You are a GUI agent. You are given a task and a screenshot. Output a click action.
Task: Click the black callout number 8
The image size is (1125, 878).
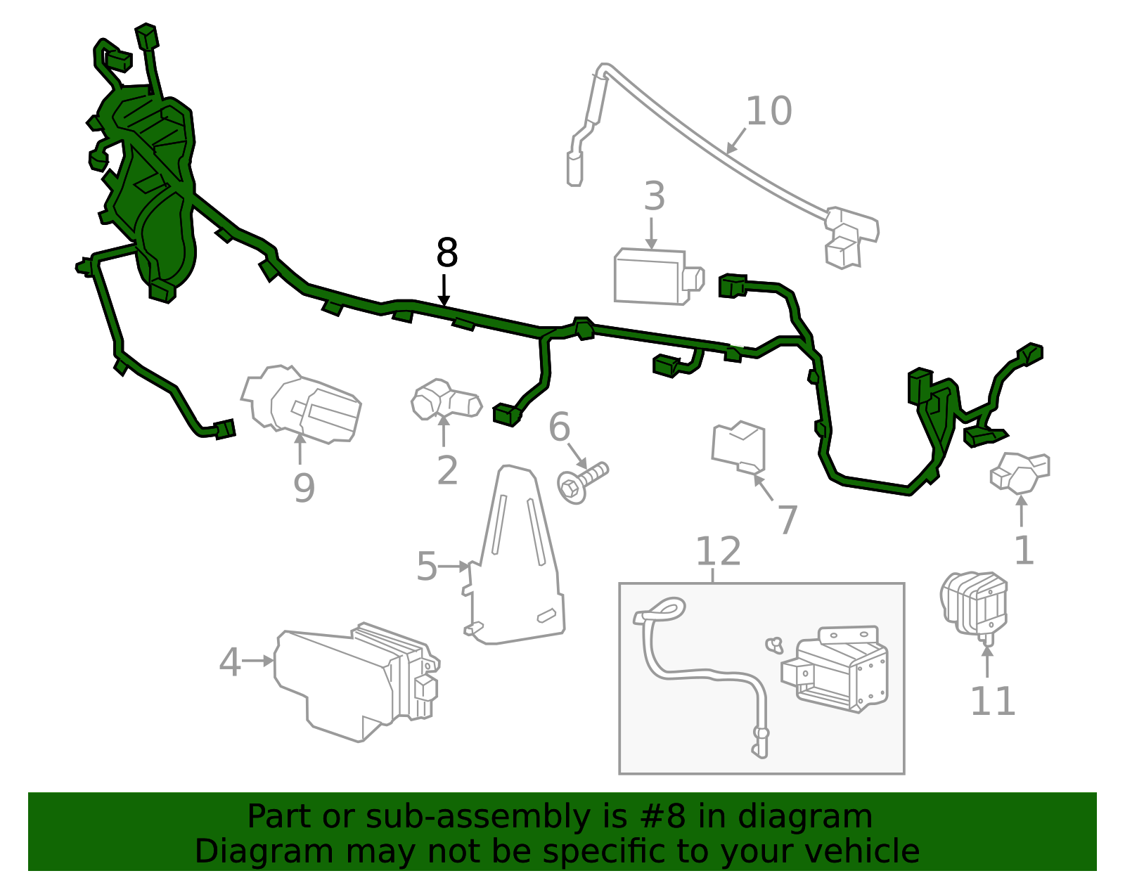point(447,253)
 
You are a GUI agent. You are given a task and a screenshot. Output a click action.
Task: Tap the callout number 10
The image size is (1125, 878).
point(769,111)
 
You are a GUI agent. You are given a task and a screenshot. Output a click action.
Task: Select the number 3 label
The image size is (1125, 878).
point(654,197)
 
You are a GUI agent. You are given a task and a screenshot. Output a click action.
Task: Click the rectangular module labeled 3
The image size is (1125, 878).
point(654,277)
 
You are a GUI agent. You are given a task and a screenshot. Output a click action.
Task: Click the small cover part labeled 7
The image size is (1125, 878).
point(739,447)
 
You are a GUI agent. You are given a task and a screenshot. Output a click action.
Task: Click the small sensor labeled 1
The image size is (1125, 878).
point(1020,472)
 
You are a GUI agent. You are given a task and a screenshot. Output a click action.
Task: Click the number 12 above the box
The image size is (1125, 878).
point(718,552)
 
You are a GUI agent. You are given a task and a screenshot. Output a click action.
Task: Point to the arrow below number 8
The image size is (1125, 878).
point(444,290)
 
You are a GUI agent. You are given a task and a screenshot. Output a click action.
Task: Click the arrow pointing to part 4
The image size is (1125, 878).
point(259,661)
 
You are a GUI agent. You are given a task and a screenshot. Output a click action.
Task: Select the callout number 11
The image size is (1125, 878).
point(992,702)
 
